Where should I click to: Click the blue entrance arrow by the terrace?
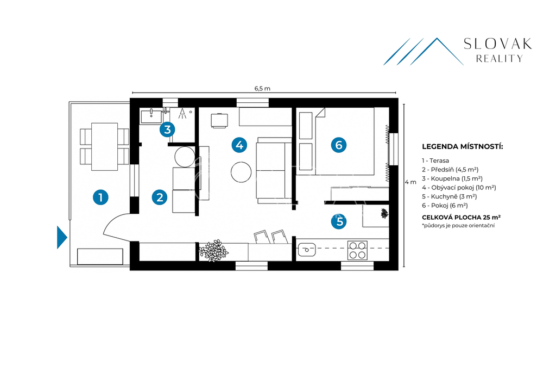coord(62,237)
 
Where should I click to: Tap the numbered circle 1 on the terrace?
coord(100,197)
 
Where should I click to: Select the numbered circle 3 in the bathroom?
coord(167,129)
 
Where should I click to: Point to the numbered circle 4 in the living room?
coord(239,145)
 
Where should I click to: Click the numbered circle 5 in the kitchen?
coord(339,221)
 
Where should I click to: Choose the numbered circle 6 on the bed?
coord(339,145)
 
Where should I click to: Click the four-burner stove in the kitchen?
coord(357,250)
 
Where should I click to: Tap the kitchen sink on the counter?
coord(307,250)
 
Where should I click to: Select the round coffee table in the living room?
coord(241,172)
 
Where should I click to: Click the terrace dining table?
coord(105,147)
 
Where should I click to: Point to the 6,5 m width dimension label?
coord(262,89)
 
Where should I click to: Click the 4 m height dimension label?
coord(410,182)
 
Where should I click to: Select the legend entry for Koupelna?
coord(452,178)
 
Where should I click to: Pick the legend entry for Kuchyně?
coord(449,196)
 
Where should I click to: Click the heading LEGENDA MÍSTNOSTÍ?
coord(463,147)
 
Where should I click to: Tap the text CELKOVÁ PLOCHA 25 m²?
coord(462,217)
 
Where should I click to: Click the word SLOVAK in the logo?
coord(498,44)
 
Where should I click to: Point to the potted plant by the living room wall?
coord(213,251)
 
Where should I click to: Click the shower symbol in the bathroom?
coord(182,113)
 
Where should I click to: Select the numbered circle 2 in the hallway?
coord(160,197)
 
